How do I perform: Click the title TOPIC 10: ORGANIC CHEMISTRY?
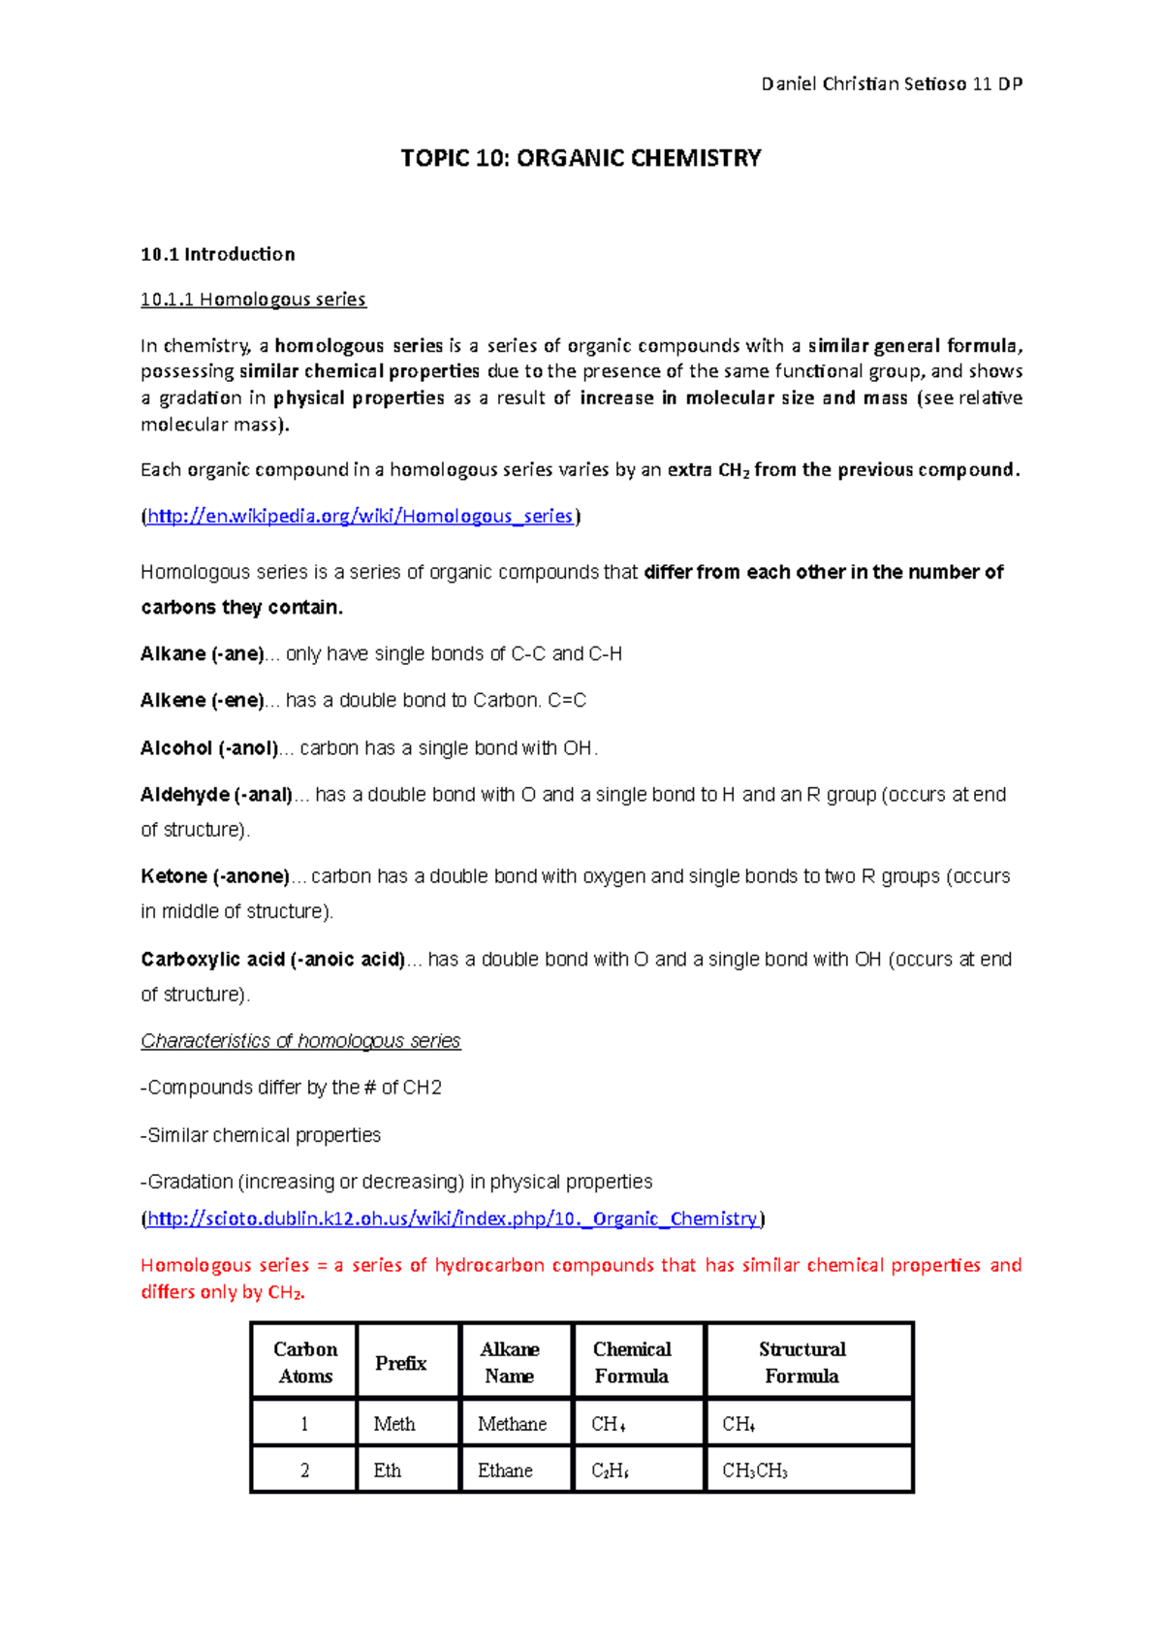tap(581, 158)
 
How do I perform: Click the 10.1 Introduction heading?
tap(217, 254)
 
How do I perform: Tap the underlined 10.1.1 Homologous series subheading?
tap(253, 300)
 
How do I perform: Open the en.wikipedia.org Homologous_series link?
tap(360, 516)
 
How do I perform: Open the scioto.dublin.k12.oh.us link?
tap(452, 1219)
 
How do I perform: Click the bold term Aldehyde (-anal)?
tap(216, 795)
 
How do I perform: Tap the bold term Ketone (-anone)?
tap(215, 876)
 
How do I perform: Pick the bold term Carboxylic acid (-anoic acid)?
tap(272, 960)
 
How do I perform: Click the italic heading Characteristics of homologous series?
tap(300, 1041)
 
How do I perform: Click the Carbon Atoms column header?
tap(305, 1362)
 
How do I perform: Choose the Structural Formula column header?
tap(802, 1362)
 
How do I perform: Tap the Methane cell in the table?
tap(512, 1424)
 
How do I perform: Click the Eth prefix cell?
tap(388, 1471)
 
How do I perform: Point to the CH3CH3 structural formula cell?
tap(754, 1471)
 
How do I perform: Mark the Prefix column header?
tap(400, 1363)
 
